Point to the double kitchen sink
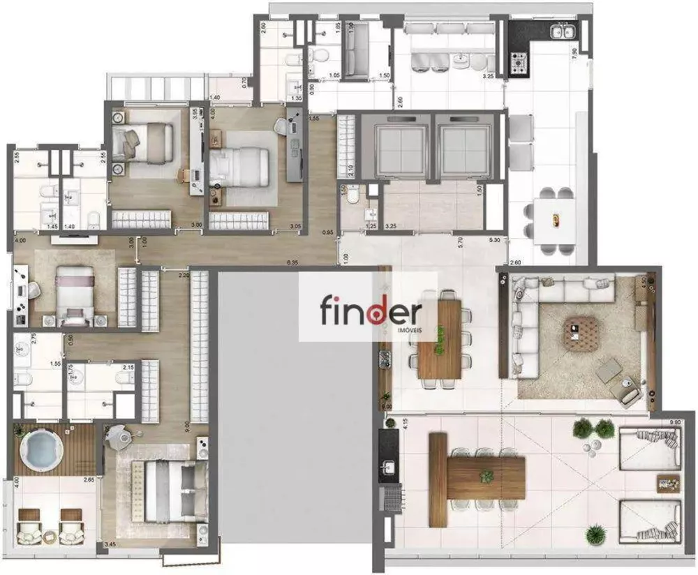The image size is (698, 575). [563, 31]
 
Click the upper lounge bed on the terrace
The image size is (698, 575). [649, 447]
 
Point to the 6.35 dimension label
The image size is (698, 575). [293, 262]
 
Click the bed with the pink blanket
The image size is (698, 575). [75, 293]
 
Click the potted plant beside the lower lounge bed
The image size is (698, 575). [595, 534]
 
